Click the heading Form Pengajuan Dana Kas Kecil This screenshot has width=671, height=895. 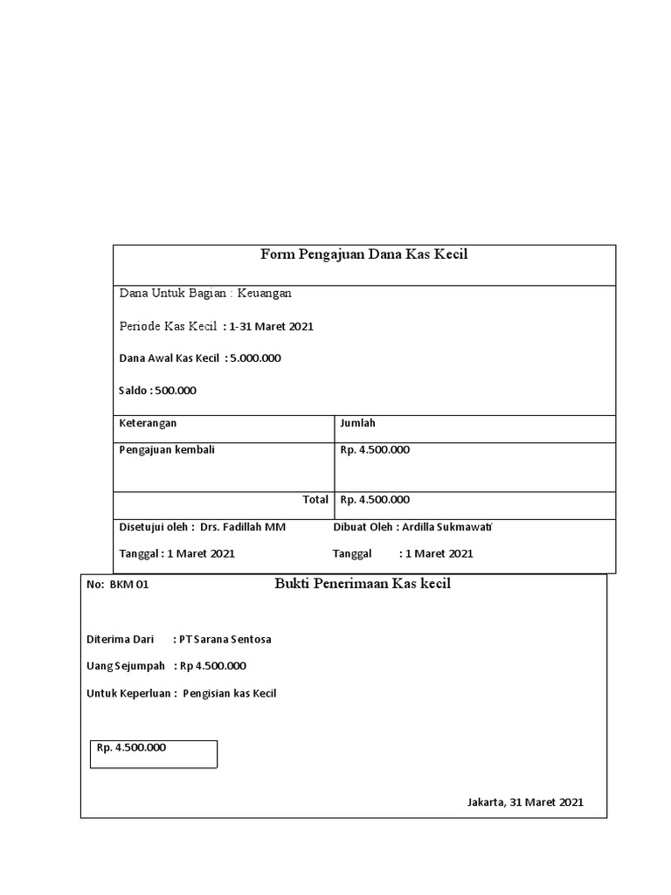click(x=364, y=254)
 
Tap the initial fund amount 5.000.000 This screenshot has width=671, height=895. click(x=255, y=358)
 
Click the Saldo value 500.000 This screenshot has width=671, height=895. click(x=176, y=391)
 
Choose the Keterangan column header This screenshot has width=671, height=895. click(x=148, y=423)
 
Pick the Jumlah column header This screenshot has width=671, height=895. click(x=357, y=423)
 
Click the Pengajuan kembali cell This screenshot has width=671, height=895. click(x=167, y=450)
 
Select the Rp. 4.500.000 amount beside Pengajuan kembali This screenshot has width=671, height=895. click(x=375, y=450)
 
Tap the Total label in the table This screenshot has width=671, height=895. click(x=315, y=500)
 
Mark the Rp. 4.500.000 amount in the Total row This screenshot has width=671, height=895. click(x=375, y=500)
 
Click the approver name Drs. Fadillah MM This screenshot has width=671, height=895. click(x=243, y=527)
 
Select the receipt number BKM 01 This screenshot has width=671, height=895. click(x=129, y=585)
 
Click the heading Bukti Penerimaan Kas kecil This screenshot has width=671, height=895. click(x=363, y=584)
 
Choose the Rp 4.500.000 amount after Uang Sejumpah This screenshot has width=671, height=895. click(x=213, y=666)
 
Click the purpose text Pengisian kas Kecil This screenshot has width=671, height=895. click(x=230, y=694)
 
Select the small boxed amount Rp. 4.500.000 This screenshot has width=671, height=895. click(x=131, y=748)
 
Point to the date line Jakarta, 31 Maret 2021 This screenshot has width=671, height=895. click(x=525, y=802)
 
